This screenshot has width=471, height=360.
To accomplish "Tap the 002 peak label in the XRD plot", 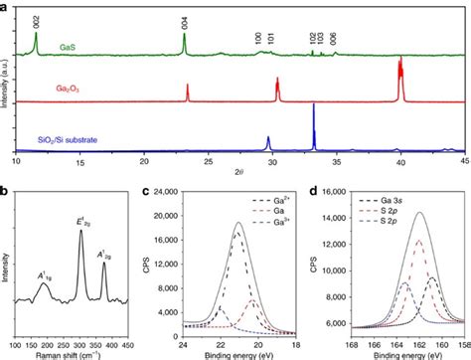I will pyautogui.click(x=36, y=19).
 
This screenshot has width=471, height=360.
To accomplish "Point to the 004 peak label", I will pyautogui.click(x=184, y=20).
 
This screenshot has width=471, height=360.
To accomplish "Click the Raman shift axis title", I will pyautogui.click(x=83, y=352).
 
